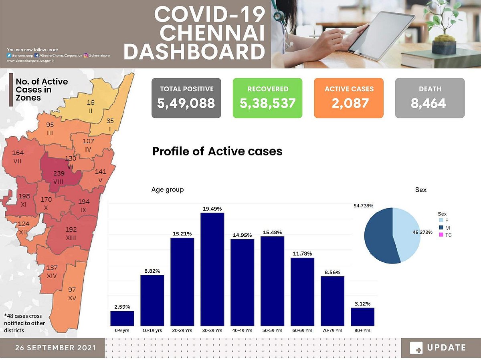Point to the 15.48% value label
coord(272,232)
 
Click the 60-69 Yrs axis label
coord(302,331)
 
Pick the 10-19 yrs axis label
coord(152,331)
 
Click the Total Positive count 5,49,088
coord(186,103)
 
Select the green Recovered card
coord(267,98)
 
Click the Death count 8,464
coord(428,103)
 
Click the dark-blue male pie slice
coord(379,236)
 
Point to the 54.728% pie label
coord(363,205)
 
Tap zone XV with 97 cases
coord(72,294)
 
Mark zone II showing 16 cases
coord(91,106)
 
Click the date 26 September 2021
coord(56,348)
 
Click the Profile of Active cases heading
coord(217,151)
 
